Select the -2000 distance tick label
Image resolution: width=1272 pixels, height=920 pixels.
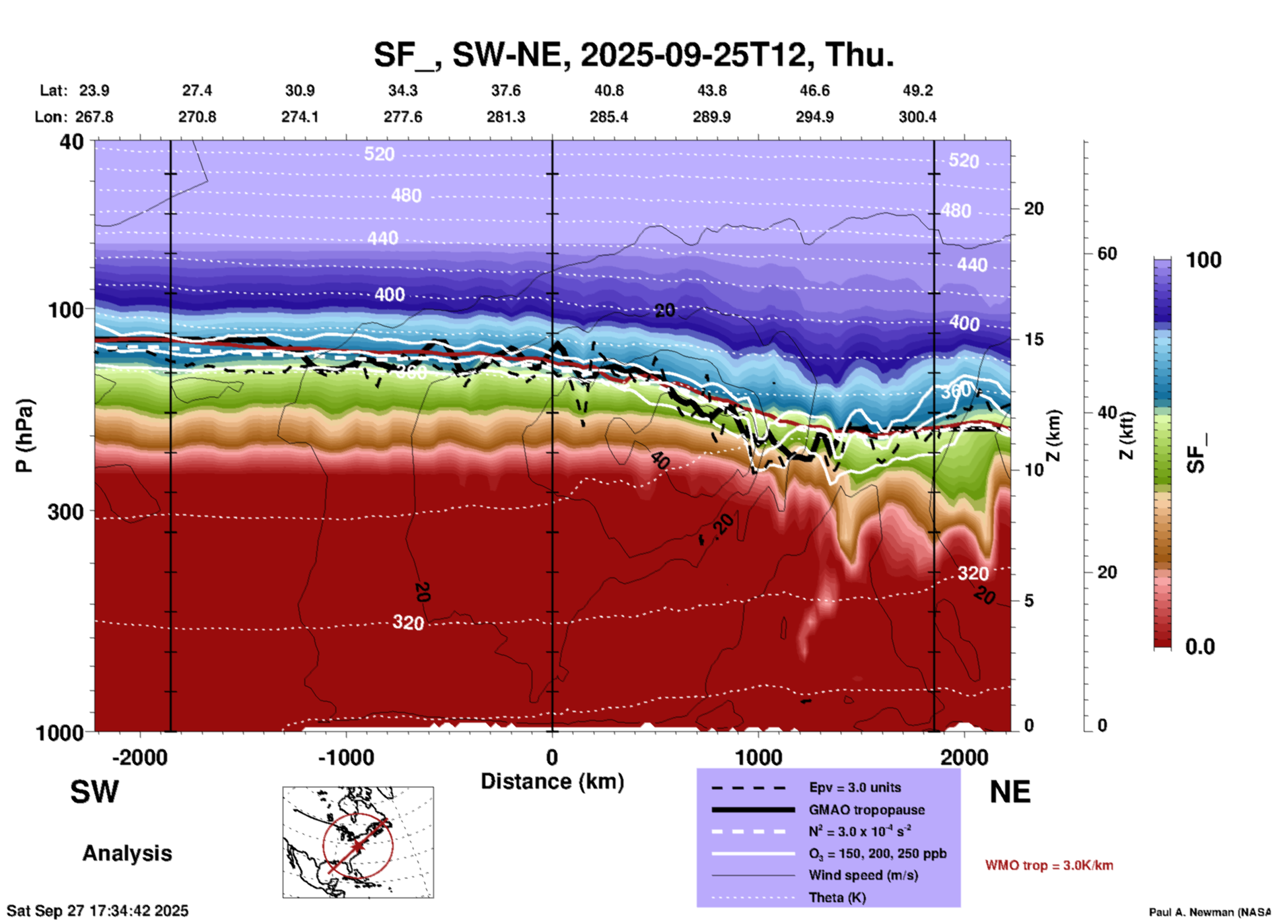tap(139, 758)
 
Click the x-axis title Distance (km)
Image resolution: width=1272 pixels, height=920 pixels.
tap(552, 781)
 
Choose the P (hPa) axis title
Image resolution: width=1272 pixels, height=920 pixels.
tap(24, 436)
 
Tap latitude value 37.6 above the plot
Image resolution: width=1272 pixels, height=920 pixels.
tap(505, 90)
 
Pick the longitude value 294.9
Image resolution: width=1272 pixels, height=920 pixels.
tap(814, 117)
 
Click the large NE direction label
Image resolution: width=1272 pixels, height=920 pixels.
tap(1010, 792)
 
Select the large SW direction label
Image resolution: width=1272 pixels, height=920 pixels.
tap(94, 792)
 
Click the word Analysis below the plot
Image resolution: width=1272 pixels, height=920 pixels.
tap(127, 853)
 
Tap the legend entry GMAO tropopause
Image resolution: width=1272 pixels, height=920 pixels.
tap(866, 810)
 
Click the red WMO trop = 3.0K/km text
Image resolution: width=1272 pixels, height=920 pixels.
tap(1049, 865)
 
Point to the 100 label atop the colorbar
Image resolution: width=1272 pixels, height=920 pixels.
tap(1203, 260)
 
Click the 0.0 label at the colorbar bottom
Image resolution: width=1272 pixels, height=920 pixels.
tap(1200, 647)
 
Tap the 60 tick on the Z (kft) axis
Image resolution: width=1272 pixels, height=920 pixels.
tap(1107, 253)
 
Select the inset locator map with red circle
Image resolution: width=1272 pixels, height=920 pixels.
tap(358, 842)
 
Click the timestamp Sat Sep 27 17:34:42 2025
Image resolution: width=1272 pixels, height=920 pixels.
tap(98, 911)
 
